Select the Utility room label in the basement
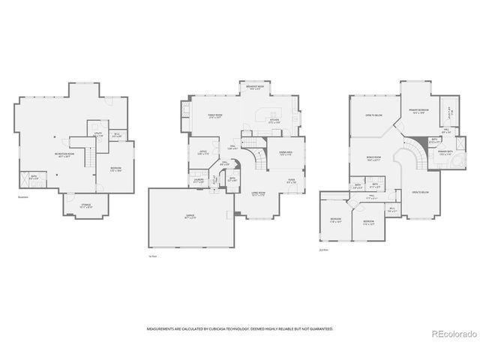[x=97, y=135]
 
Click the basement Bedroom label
[x=115, y=169]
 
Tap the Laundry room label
[x=199, y=180]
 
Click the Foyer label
[x=291, y=180]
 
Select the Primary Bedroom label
[x=418, y=111]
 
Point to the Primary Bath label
[x=446, y=153]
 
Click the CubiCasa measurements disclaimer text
[x=239, y=328]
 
